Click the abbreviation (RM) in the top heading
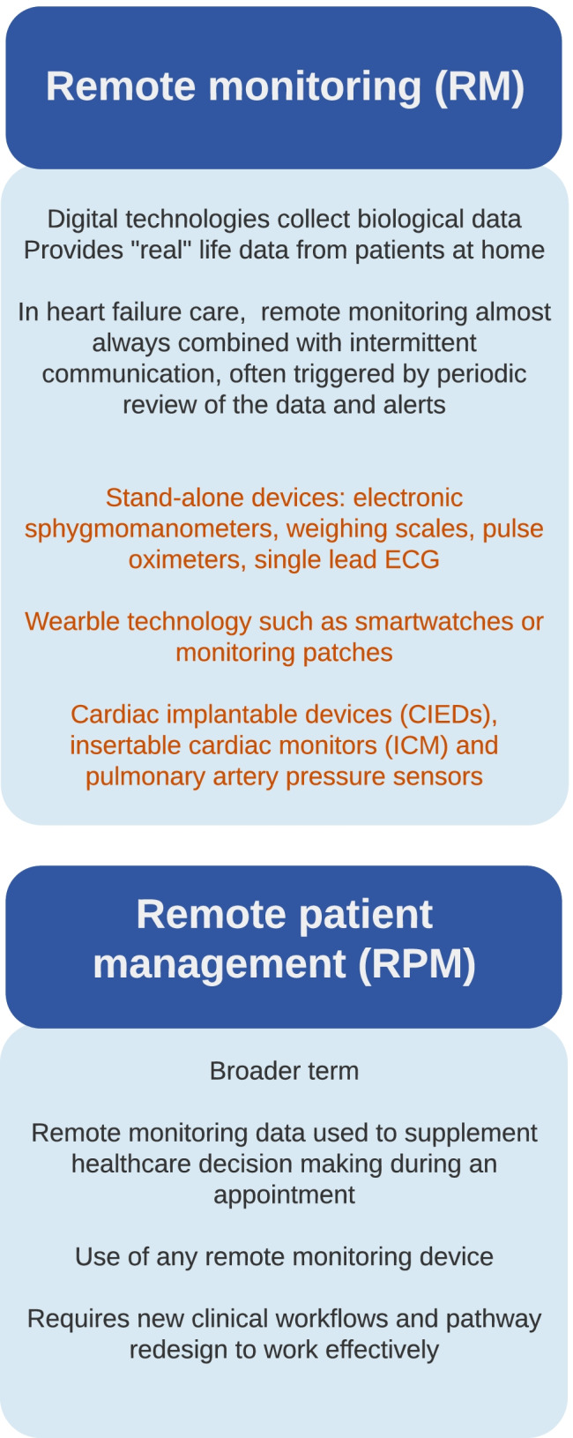click(x=480, y=86)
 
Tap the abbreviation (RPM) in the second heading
click(x=417, y=963)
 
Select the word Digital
click(x=83, y=220)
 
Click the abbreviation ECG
click(x=413, y=560)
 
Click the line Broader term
click(x=284, y=1071)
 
